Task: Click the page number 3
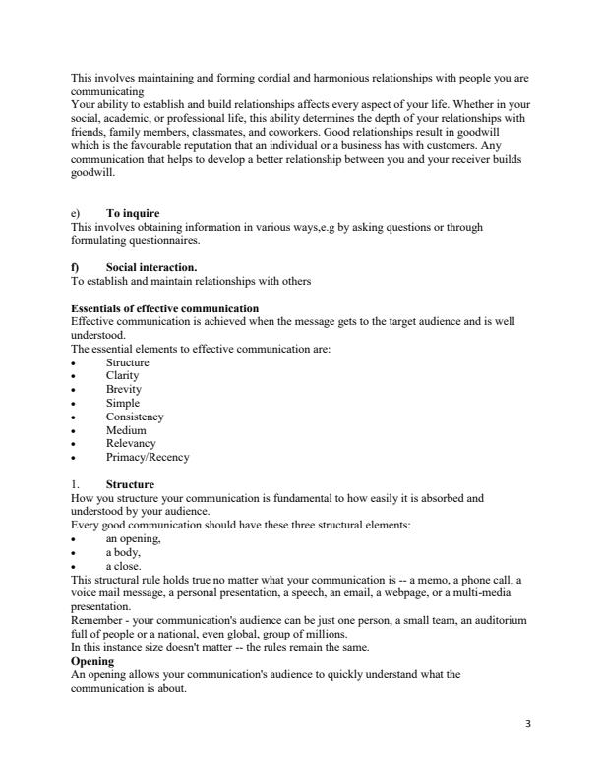(x=528, y=725)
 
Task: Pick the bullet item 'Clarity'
(x=122, y=376)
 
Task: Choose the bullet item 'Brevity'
(x=123, y=390)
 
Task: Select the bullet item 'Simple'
(x=122, y=404)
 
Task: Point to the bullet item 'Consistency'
(x=135, y=417)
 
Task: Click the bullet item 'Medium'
(x=126, y=430)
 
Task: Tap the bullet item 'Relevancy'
(x=131, y=444)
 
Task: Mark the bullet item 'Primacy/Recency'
(x=148, y=458)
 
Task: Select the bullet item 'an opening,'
(x=133, y=539)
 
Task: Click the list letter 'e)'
(x=77, y=214)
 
